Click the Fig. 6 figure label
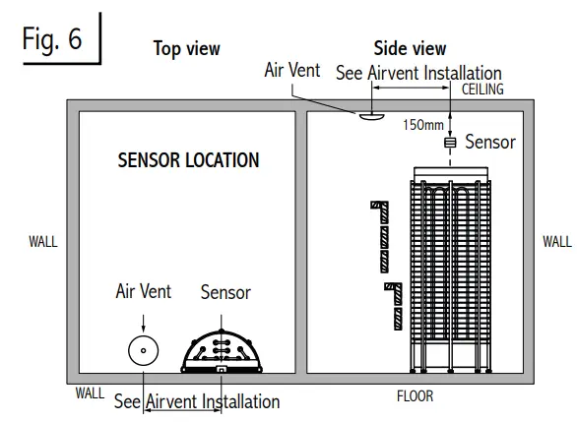[54, 41]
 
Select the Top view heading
[186, 48]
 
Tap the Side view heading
[410, 48]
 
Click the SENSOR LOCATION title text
[188, 159]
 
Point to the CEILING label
[482, 89]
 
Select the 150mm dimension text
[423, 125]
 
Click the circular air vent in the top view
[144, 350]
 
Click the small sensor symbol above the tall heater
[451, 143]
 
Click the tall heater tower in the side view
[450, 271]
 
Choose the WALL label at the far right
[557, 241]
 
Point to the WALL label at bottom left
[90, 393]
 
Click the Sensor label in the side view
[490, 143]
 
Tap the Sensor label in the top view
[225, 292]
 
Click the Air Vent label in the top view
[144, 291]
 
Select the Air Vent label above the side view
[292, 71]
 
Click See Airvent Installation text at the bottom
[196, 401]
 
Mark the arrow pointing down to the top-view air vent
[144, 320]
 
